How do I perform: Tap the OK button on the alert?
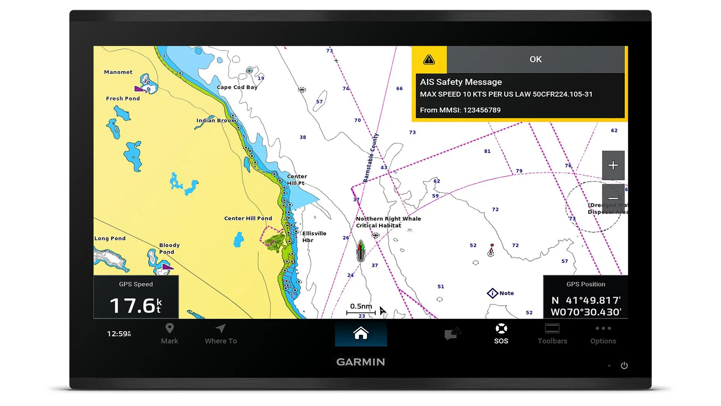point(535,59)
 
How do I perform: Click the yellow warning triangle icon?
point(429,60)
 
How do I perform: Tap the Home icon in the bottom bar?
point(360,333)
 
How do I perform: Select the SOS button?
point(501,334)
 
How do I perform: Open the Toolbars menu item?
point(552,334)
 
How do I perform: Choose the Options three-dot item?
point(603,334)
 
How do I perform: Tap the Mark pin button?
point(169,334)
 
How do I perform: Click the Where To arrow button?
point(221,334)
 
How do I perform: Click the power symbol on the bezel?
point(624,365)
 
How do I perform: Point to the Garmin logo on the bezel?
point(360,362)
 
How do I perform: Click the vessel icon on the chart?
point(360,251)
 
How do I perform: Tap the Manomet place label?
point(118,72)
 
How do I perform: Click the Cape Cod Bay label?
point(237,87)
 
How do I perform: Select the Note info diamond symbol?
point(492,293)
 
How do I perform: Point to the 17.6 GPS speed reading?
point(135,305)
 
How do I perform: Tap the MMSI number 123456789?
point(481,110)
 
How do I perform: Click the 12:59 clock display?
point(119,334)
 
